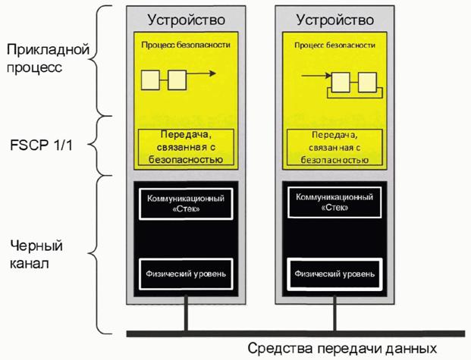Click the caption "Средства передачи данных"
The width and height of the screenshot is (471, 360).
click(x=342, y=349)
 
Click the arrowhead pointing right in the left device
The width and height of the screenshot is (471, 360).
click(x=212, y=75)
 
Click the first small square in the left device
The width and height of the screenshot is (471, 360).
click(x=151, y=78)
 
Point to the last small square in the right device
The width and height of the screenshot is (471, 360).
click(x=367, y=80)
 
